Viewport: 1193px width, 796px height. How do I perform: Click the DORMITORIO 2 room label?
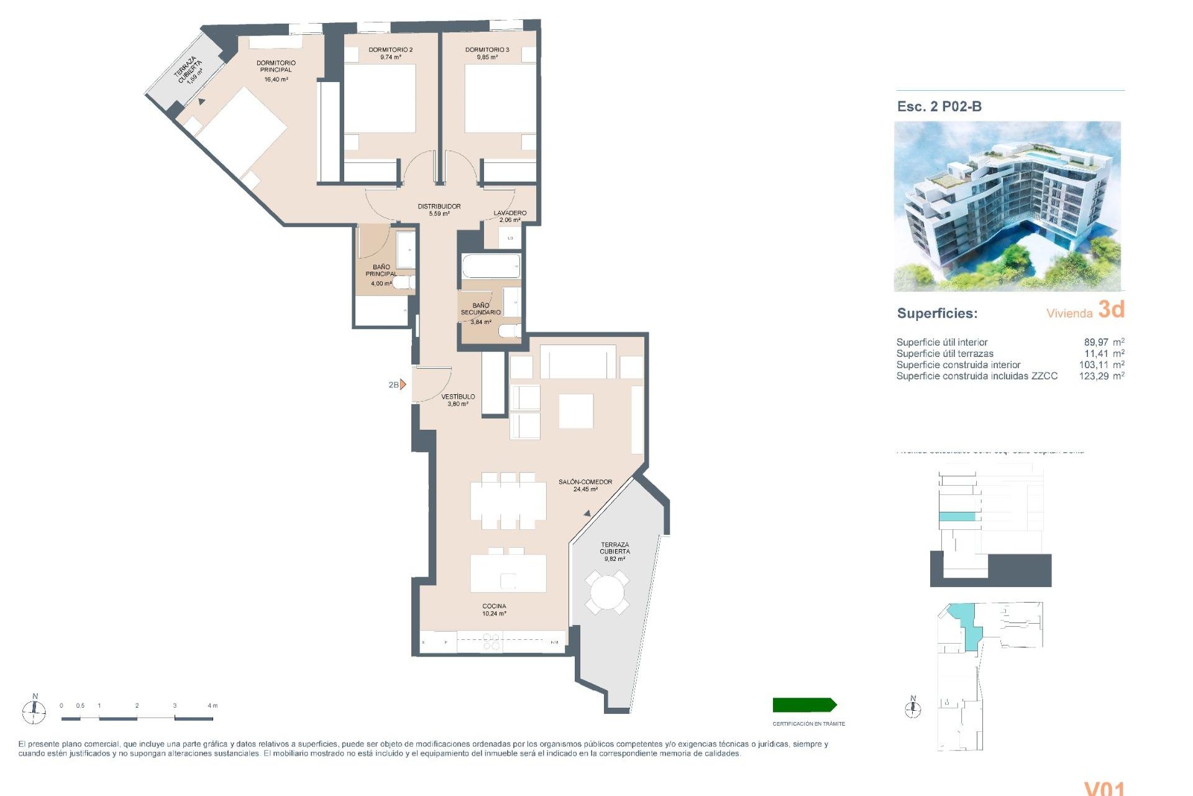tap(390, 50)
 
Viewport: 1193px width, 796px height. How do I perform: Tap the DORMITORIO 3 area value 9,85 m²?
tap(487, 57)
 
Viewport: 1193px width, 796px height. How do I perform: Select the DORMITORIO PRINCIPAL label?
tap(276, 67)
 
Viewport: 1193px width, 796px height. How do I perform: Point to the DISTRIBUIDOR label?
tap(439, 206)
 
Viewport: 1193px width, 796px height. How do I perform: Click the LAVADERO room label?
tap(510, 213)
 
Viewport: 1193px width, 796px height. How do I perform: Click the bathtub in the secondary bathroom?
tap(490, 266)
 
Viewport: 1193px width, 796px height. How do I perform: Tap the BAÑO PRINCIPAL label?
tap(381, 271)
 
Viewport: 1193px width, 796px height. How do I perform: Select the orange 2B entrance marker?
tap(403, 384)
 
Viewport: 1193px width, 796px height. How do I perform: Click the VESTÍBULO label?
tap(458, 397)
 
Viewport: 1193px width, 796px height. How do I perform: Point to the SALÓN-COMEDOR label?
tap(585, 482)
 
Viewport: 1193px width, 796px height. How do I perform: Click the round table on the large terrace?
tap(606, 592)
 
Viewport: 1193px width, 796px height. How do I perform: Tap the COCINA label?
tap(494, 606)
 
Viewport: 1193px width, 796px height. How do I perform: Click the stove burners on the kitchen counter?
tap(491, 642)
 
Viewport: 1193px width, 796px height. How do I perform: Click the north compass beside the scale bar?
tap(34, 710)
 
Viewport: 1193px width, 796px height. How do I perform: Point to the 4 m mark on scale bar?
tap(213, 706)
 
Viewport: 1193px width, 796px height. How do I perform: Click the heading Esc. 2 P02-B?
tap(939, 106)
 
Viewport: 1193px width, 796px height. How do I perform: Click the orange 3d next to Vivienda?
tap(1111, 309)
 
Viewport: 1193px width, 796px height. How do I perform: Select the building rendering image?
tap(1007, 206)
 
